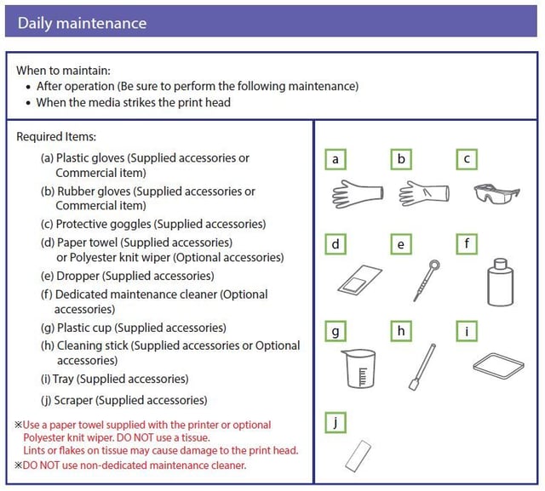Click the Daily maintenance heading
pos(82,23)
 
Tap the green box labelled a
pos(336,159)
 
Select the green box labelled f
pos(467,244)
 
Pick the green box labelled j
pos(336,423)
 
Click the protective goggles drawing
pos(496,194)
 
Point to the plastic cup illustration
pos(359,368)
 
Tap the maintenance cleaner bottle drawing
pos(500,283)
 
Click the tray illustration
pos(498,366)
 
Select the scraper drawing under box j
pos(359,456)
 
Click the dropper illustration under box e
pos(427,280)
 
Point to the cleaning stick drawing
pos(422,367)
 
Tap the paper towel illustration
pos(359,279)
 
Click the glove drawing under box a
pos(358,194)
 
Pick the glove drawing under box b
pos(424,193)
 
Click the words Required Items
pos(56,136)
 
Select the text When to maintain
pos(63,71)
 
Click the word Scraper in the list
pos(73,400)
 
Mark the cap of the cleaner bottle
pos(500,264)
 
